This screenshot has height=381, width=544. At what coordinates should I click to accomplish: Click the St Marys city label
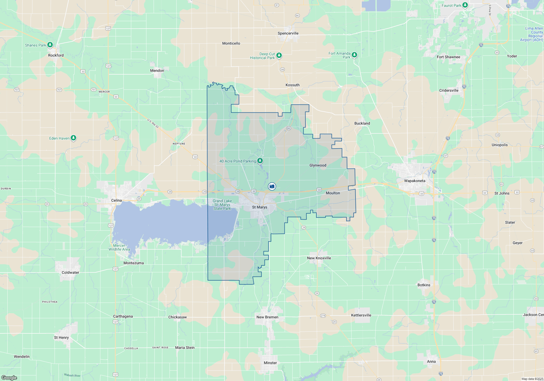(259, 207)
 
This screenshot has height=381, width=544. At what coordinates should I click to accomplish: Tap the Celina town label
(116, 201)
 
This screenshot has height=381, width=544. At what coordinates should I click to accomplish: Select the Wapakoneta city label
(415, 181)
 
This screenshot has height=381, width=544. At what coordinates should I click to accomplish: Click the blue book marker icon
(272, 186)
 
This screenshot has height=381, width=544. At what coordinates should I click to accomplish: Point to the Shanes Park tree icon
(50, 45)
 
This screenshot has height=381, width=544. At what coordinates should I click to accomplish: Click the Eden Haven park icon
(73, 138)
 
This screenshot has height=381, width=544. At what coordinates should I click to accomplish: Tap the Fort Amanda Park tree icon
(354, 55)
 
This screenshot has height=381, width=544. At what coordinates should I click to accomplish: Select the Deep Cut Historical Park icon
(279, 56)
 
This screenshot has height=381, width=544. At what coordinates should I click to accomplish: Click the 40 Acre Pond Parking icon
(260, 161)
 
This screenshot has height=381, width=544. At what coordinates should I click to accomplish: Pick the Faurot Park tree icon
(465, 5)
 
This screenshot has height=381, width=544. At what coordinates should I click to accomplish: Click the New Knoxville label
(319, 258)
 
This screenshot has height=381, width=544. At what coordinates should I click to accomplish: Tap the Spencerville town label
(288, 33)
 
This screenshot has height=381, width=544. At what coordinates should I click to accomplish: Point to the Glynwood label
(318, 165)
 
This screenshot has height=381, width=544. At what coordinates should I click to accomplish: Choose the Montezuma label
(134, 263)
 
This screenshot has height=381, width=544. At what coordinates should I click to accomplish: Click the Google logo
(9, 378)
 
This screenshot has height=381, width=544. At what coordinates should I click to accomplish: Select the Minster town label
(270, 363)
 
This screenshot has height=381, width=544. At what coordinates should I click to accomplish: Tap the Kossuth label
(292, 85)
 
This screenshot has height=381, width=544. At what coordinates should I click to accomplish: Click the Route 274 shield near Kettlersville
(323, 316)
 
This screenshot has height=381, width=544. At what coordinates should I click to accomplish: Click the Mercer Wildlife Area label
(119, 248)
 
